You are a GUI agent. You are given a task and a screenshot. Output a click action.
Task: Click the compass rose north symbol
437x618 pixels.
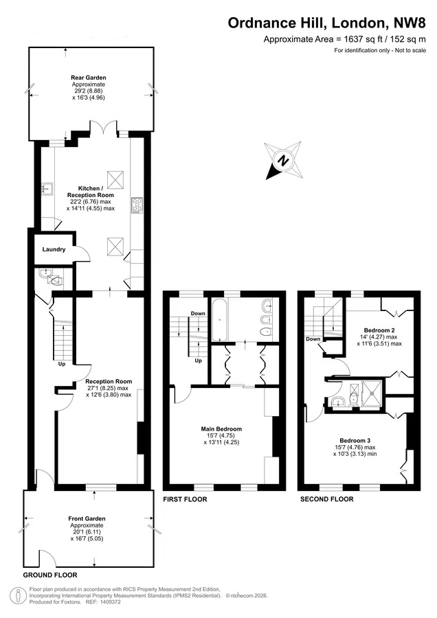click(x=284, y=161)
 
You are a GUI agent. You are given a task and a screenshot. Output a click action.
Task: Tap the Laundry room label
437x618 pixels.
click(x=54, y=249)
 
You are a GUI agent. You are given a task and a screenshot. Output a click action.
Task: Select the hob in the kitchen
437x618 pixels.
click(x=137, y=205)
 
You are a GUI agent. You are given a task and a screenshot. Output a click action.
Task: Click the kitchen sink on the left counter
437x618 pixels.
click(x=47, y=190)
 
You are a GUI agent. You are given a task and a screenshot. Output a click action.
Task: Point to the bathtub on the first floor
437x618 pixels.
click(x=219, y=319)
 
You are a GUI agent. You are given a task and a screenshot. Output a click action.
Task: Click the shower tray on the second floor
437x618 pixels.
click(x=372, y=393)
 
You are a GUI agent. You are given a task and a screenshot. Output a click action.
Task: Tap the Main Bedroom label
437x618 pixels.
click(x=221, y=428)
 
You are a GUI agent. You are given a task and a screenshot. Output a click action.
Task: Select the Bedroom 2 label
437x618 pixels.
click(x=379, y=330)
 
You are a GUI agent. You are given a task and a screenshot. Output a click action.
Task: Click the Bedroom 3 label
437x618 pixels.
click(x=355, y=441)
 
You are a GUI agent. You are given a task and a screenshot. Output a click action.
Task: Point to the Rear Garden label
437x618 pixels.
click(x=89, y=78)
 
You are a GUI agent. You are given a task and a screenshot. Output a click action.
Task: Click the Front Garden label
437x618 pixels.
click(x=87, y=518)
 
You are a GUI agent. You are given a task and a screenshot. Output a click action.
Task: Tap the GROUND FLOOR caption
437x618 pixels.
click(x=50, y=575)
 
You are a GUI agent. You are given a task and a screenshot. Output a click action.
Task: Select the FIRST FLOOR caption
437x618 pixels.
click(x=185, y=499)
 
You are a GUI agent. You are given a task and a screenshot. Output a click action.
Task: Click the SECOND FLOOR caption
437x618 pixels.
click(x=327, y=499)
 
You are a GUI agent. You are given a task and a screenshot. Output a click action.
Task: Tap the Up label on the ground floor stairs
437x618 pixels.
click(x=62, y=364)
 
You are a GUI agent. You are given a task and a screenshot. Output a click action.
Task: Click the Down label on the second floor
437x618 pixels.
click(x=313, y=339)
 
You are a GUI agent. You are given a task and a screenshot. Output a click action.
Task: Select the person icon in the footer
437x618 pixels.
click(x=17, y=595)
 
